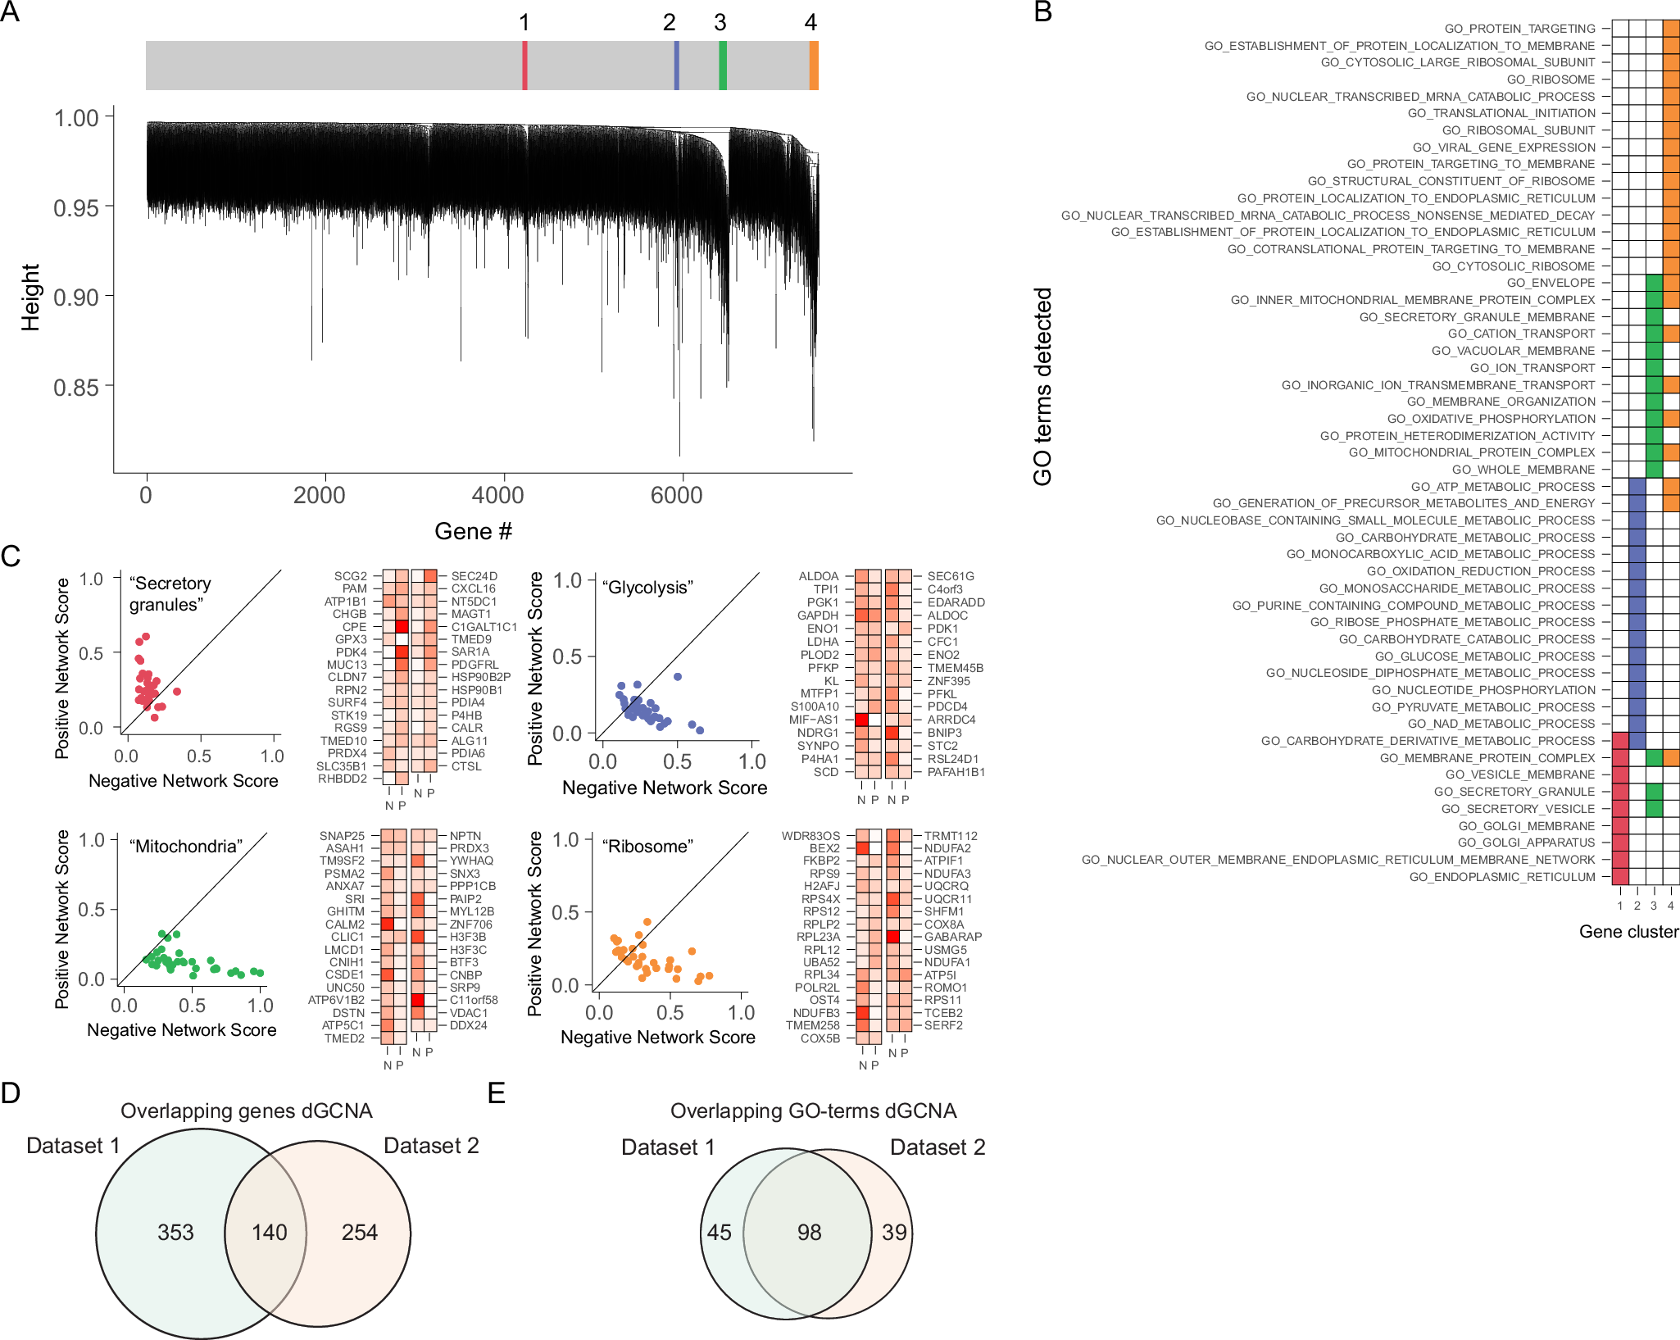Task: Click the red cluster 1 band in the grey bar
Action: tap(524, 66)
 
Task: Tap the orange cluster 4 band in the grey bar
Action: tap(814, 66)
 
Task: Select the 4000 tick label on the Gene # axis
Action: tap(497, 495)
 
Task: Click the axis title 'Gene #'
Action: tap(473, 531)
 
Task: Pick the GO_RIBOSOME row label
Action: tap(1551, 79)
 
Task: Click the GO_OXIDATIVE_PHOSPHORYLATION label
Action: tap(1491, 419)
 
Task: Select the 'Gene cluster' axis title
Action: tap(1628, 932)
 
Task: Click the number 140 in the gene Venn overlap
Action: tap(269, 1232)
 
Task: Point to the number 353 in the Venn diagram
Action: tap(175, 1232)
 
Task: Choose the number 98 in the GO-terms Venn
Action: tap(809, 1232)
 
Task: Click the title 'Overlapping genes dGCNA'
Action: tap(246, 1111)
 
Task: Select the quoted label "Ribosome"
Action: tap(647, 847)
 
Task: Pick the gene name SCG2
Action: tap(350, 576)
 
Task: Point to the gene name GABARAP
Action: tap(953, 937)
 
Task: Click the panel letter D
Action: tap(11, 1092)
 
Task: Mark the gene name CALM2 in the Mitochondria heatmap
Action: tap(345, 924)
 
